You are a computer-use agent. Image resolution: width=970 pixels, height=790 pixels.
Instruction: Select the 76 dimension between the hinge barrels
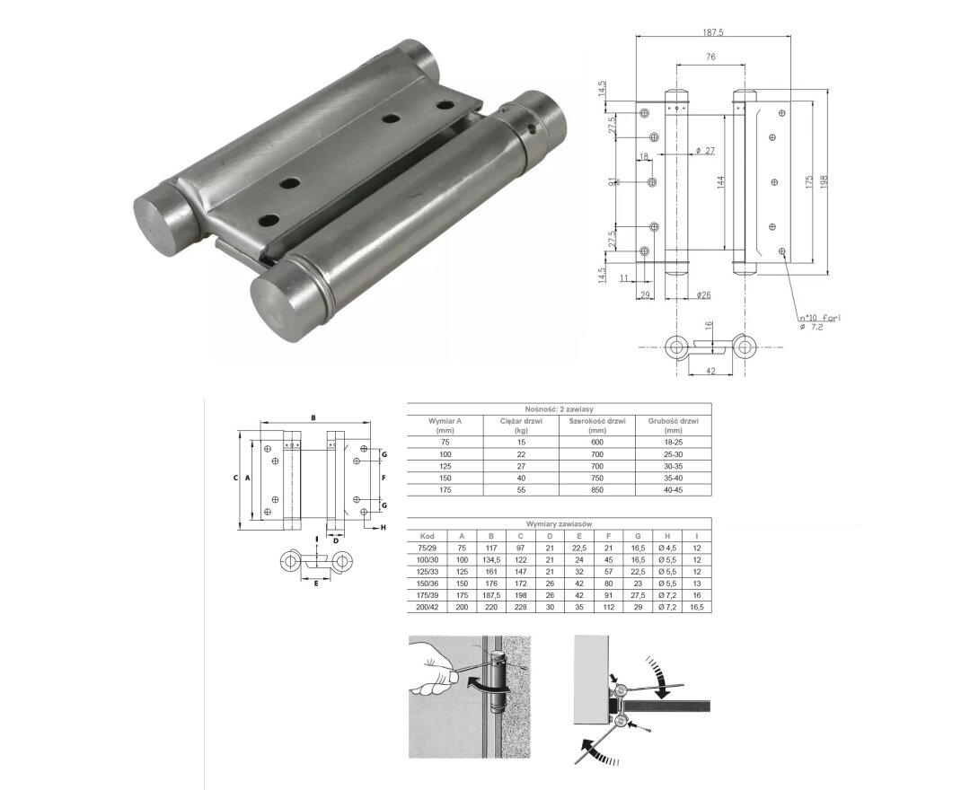(710, 58)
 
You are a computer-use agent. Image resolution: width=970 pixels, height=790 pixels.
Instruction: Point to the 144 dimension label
(720, 183)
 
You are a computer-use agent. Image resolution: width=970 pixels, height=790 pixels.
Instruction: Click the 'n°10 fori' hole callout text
(819, 318)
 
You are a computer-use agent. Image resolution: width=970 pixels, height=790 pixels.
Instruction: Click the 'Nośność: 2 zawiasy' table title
(559, 408)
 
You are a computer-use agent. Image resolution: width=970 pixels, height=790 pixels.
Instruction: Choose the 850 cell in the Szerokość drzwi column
(596, 488)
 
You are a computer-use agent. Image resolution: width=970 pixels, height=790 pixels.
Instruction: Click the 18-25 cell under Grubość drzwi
(672, 442)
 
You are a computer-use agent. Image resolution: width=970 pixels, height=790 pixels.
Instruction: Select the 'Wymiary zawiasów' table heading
(559, 523)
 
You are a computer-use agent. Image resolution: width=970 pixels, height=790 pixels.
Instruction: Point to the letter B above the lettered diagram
(313, 417)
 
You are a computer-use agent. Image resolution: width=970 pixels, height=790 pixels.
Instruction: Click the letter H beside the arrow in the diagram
(383, 527)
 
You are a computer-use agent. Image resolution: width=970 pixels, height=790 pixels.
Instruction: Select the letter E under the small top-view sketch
(316, 583)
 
